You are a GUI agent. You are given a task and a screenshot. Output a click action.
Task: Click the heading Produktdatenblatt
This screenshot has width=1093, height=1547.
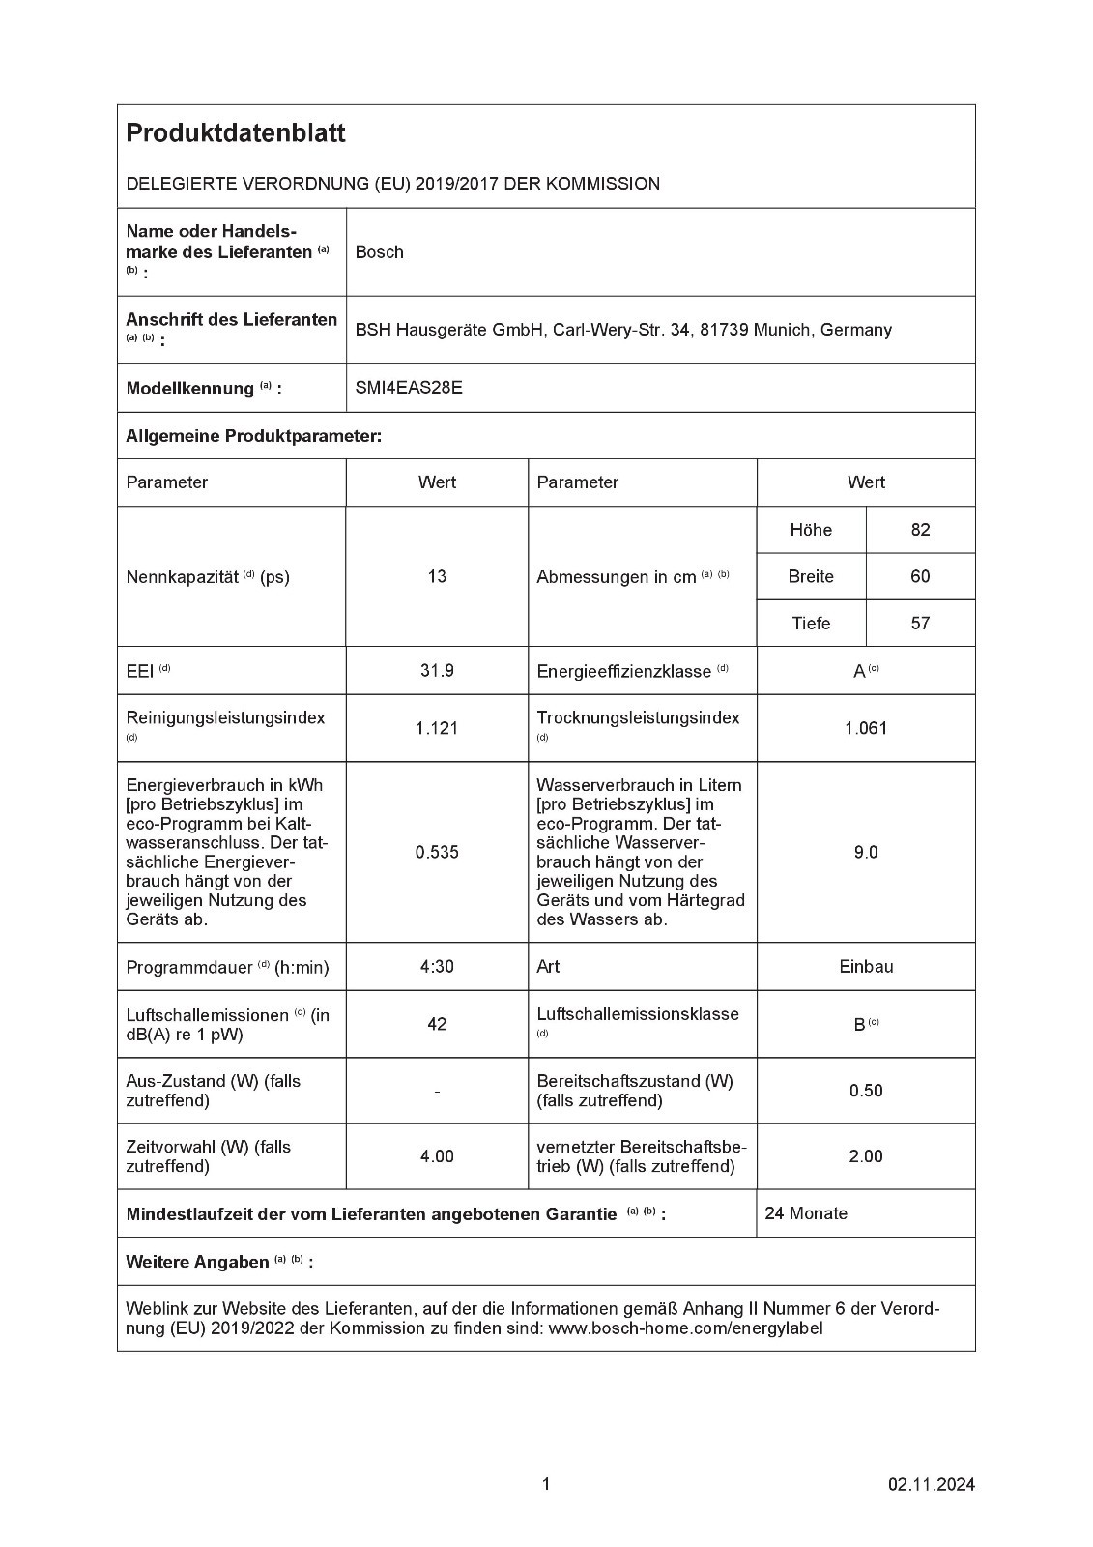point(235,133)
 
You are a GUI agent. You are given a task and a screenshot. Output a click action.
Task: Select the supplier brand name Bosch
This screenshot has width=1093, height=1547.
point(379,252)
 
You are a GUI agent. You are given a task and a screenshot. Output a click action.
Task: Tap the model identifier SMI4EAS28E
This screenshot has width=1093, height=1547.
point(409,388)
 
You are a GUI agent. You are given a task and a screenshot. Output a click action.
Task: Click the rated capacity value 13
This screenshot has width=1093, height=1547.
point(437,576)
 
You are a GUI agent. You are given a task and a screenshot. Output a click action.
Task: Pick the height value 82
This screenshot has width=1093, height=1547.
point(920,530)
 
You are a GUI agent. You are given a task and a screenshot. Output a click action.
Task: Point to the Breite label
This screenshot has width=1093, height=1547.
point(811,576)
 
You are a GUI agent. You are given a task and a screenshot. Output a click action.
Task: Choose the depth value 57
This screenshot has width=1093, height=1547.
point(920,624)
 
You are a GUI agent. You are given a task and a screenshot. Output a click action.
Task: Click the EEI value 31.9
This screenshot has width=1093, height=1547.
point(437,670)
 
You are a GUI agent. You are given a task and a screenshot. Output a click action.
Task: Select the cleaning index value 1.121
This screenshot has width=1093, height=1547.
point(437,728)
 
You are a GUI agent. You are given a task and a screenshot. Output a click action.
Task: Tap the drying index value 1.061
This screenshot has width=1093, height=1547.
point(866,728)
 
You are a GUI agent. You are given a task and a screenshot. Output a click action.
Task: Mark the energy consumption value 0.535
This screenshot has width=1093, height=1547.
point(437,852)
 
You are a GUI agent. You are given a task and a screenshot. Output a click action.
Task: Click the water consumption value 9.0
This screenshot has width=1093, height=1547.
point(866,852)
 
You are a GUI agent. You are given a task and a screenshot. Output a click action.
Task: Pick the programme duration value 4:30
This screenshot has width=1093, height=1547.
point(437,966)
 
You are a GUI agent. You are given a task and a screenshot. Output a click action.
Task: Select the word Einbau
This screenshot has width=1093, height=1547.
point(866,966)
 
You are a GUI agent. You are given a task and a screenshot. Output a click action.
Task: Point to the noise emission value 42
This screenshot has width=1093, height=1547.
point(437,1023)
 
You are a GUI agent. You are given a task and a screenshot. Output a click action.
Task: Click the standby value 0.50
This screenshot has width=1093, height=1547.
point(866,1091)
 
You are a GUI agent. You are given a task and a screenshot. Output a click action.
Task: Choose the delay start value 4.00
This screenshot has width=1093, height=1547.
point(437,1156)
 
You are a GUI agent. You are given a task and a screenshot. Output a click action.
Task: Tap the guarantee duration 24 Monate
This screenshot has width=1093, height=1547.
point(806,1213)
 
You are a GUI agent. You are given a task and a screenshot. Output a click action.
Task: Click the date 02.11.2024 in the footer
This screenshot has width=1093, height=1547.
point(932,1484)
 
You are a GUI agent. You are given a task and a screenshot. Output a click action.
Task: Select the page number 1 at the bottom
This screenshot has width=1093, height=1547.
point(546,1484)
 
